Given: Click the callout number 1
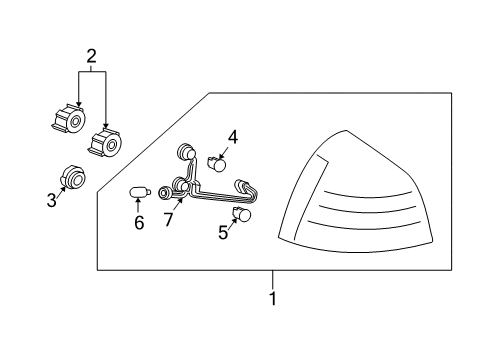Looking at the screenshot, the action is (273, 299).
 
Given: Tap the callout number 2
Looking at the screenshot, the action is (91, 56).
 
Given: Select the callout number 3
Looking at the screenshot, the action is (52, 200).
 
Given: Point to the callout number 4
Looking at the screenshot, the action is (233, 137).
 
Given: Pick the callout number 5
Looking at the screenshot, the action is (223, 232).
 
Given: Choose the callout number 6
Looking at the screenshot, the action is (139, 222).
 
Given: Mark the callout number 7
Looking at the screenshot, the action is (168, 220).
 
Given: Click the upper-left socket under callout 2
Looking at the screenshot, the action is (69, 119).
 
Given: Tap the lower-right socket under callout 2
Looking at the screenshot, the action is (105, 142).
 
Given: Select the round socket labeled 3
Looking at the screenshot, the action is (72, 177).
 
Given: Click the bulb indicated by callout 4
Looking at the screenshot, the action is (217, 164).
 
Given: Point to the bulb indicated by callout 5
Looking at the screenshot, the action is (242, 214).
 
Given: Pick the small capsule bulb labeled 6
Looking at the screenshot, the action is (140, 192).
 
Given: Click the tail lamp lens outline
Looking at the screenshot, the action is (347, 131).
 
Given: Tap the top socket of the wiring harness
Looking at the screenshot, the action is (185, 152).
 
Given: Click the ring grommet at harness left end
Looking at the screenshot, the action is (164, 193).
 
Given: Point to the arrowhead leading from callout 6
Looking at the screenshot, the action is (138, 200).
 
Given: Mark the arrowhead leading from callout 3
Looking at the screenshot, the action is (63, 189).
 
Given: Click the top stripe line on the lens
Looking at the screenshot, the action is (368, 195).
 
